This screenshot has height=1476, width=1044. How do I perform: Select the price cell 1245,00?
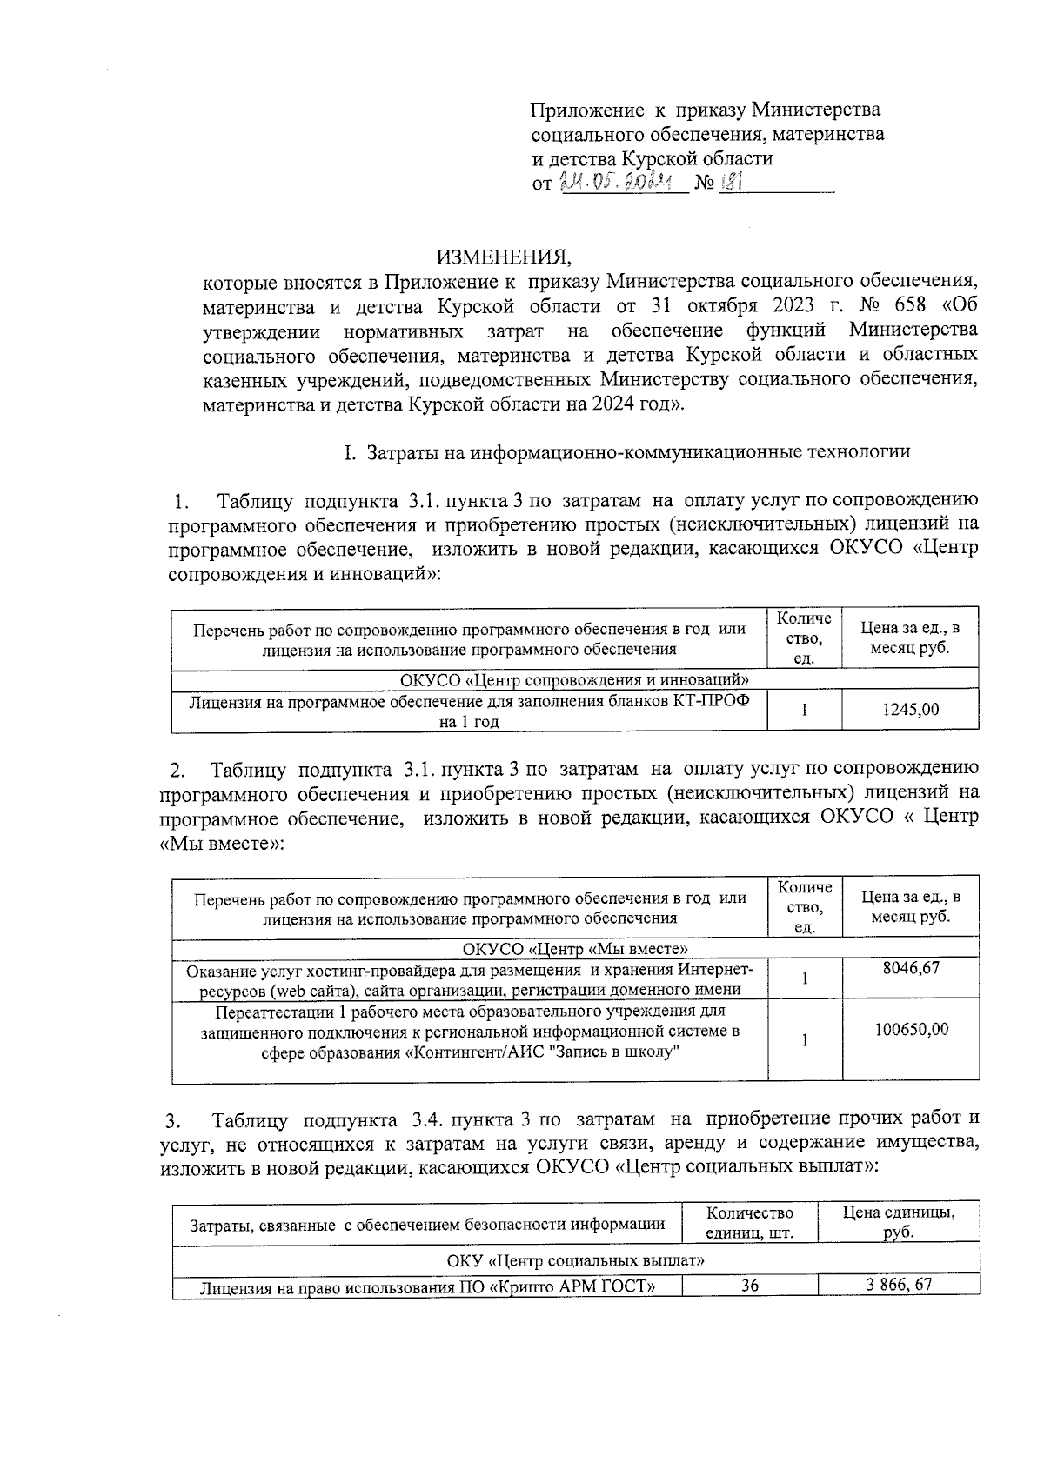click(910, 710)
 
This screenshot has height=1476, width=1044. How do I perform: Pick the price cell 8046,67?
click(910, 967)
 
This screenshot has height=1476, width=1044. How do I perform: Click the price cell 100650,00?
click(910, 1029)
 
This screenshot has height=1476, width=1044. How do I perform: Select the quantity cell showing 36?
click(750, 1286)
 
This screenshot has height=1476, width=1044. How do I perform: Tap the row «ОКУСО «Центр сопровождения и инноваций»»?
click(575, 679)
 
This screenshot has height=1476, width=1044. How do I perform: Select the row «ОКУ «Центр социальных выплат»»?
click(575, 1260)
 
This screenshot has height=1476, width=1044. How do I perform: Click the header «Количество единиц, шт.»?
click(749, 1223)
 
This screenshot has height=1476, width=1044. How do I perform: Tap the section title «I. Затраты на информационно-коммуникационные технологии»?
click(626, 452)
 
